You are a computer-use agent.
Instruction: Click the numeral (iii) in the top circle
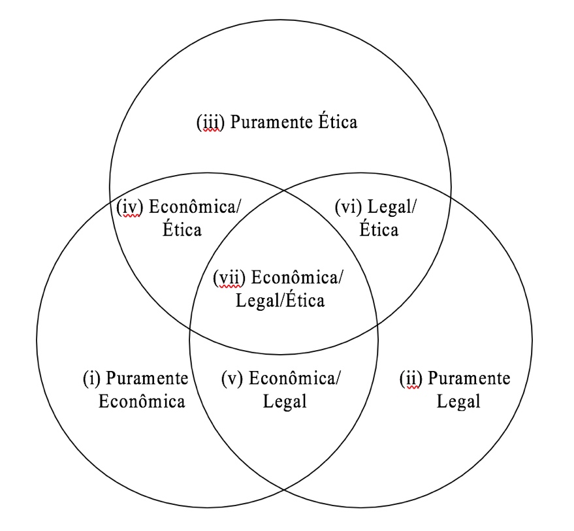pos(210,123)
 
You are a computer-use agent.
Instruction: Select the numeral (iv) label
pos(129,207)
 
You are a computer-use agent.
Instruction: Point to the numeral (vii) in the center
pos(229,278)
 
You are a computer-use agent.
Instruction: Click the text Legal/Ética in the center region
pos(280,300)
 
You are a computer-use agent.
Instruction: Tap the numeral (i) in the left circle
pos(91,378)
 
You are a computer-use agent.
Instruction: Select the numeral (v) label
pos(232,378)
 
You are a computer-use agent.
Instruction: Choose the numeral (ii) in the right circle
pos(411,378)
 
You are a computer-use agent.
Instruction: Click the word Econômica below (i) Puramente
pos(142,401)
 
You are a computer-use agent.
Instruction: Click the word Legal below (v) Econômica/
pos(285,401)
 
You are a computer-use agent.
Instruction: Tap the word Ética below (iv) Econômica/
pos(183,230)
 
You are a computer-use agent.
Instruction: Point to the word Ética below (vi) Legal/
pos(379,230)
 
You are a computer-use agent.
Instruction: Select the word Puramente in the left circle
pos(146,378)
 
